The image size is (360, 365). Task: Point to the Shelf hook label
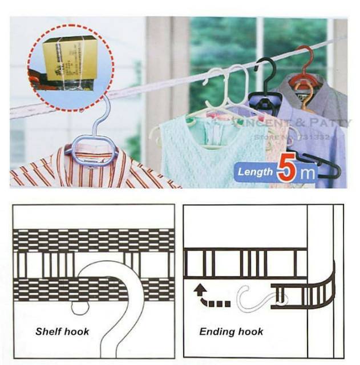[62, 331]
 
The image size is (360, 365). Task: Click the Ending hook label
[232, 331]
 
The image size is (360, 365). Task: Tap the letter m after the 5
[308, 173]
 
